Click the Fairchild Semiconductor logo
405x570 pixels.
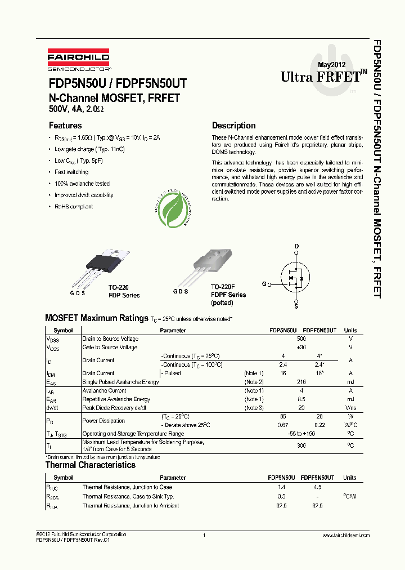coord(78,58)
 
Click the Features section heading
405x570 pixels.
coord(65,126)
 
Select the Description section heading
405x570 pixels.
coord(233,126)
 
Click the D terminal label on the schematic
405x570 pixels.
coord(297,246)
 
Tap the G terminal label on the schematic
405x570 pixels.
coord(264,285)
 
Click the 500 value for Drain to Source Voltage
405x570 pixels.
coord(301,339)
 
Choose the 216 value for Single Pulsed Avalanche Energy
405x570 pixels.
coord(301,382)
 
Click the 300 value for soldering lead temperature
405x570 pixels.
coord(301,445)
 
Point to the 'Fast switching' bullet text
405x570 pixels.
coord(71,172)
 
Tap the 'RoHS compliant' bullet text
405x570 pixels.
coord(74,207)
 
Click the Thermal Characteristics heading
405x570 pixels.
coord(90,465)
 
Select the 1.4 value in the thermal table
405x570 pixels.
coord(282,487)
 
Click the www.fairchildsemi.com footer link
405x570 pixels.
coord(346,535)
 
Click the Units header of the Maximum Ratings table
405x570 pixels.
coord(350,331)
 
